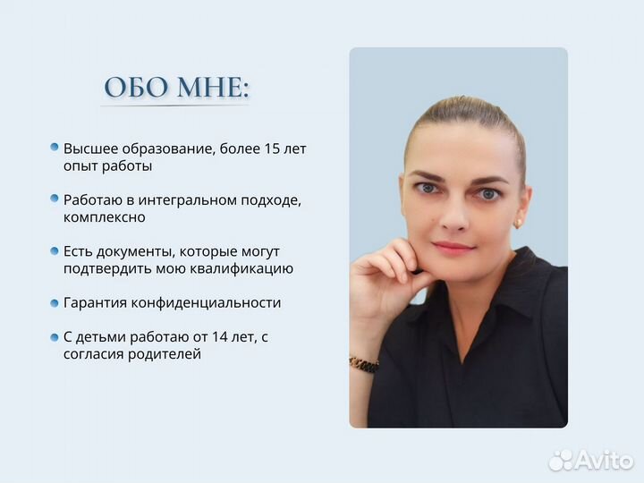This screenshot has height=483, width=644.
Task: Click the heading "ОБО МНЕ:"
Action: (176, 87)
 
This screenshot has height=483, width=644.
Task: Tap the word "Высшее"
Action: (89, 148)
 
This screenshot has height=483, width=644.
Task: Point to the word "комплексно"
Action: (104, 217)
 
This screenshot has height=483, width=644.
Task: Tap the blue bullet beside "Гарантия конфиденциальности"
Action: (55, 302)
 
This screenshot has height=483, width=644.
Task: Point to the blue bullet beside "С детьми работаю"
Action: (55, 336)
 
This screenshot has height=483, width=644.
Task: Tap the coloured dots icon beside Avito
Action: (561, 460)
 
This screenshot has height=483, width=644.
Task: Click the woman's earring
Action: (518, 223)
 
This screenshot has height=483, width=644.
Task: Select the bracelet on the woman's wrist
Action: (363, 364)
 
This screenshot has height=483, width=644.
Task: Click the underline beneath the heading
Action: (175, 106)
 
